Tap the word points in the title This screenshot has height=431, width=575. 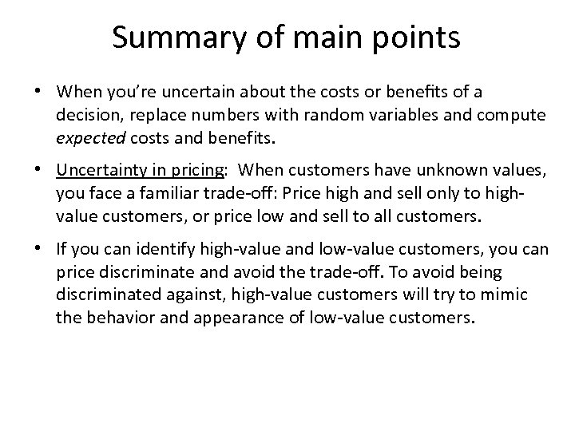click(419, 38)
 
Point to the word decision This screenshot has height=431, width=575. click(85, 116)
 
